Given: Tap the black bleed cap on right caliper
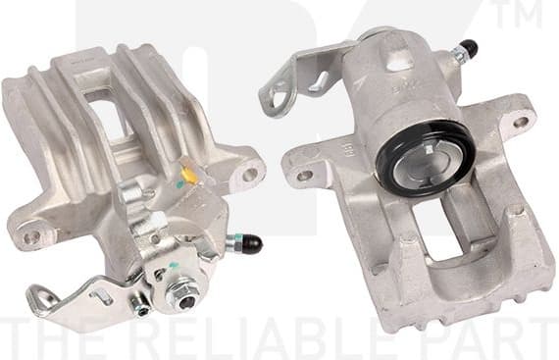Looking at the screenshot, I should (469, 47).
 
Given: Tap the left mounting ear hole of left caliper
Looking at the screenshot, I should (30, 235).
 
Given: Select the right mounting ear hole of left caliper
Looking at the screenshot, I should (250, 174).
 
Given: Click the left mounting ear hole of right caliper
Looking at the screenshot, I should (303, 175).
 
